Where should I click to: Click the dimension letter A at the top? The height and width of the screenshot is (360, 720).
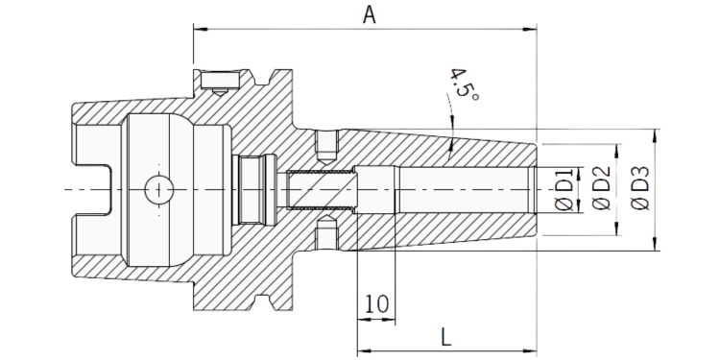[370, 14]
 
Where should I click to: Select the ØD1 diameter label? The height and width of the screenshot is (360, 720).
[564, 190]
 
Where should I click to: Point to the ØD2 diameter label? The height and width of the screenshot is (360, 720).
[602, 189]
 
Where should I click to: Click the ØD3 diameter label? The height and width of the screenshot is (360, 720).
[640, 188]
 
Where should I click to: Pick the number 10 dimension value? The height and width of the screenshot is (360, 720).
[376, 303]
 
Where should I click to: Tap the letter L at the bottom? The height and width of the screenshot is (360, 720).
[446, 337]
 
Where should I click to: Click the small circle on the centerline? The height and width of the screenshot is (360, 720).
[158, 189]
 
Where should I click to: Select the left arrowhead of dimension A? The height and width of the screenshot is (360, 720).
[201, 29]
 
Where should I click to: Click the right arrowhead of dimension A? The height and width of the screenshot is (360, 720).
[530, 29]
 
